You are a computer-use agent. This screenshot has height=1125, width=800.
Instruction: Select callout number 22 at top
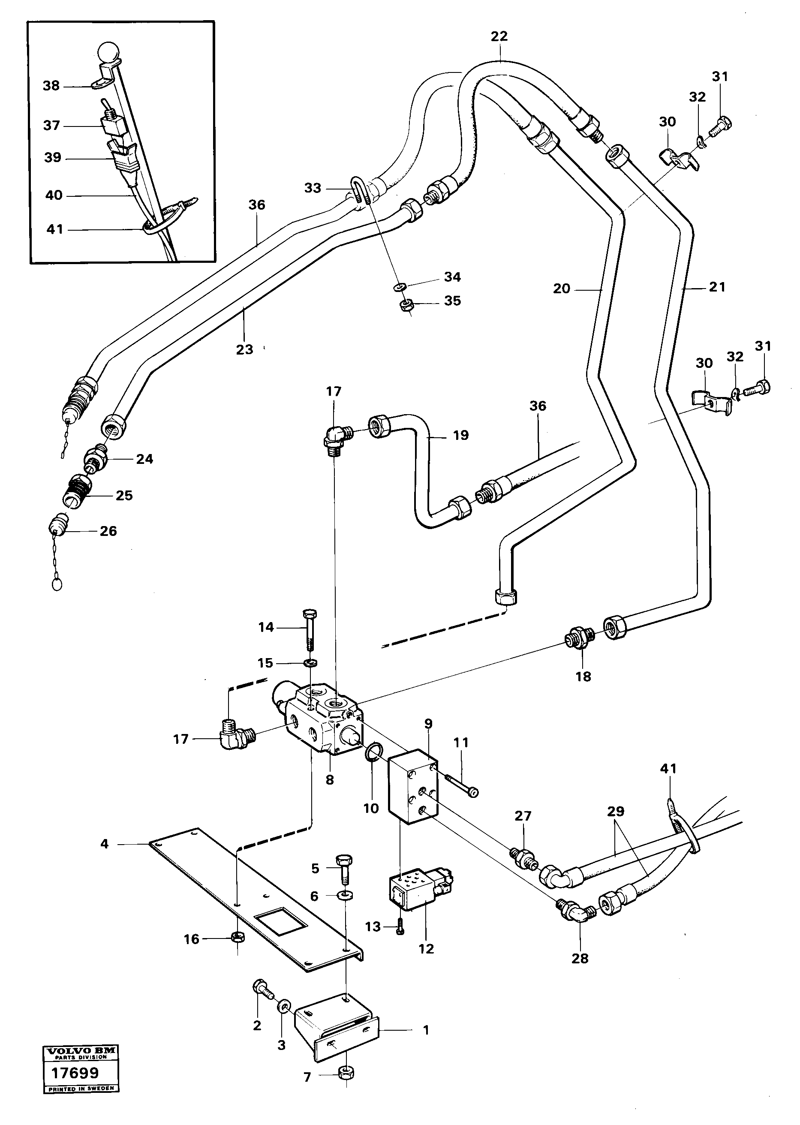[x=499, y=36]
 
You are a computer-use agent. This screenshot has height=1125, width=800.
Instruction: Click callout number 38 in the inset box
[x=51, y=86]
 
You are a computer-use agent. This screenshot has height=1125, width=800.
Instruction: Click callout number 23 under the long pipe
[x=244, y=349]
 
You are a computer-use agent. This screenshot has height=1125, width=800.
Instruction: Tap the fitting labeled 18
[x=580, y=639]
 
